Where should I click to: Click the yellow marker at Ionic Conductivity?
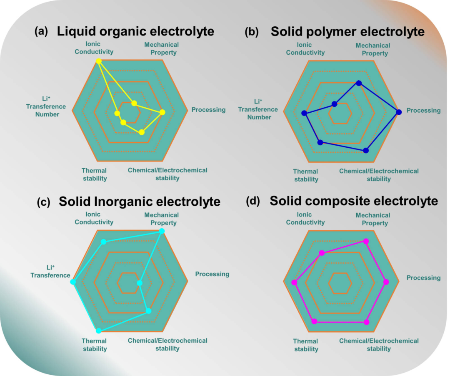(x=99, y=61)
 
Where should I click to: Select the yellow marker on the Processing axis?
(x=162, y=112)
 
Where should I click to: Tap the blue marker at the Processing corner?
(x=399, y=112)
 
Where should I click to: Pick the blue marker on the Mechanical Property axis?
(x=359, y=83)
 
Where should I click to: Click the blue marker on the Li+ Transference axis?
(x=304, y=113)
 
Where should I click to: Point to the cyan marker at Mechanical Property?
(x=162, y=231)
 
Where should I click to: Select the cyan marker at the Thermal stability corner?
(x=99, y=331)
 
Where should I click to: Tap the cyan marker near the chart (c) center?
(x=140, y=283)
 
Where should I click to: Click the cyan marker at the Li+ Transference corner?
(x=73, y=282)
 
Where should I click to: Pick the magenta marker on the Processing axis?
(x=386, y=282)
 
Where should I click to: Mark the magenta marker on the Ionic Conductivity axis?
(x=322, y=253)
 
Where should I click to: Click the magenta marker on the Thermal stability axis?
(x=315, y=321)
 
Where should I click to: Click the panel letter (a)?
(x=41, y=31)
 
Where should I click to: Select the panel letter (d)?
(x=253, y=201)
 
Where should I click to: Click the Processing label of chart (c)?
(x=212, y=274)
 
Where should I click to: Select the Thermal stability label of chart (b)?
(x=306, y=175)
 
